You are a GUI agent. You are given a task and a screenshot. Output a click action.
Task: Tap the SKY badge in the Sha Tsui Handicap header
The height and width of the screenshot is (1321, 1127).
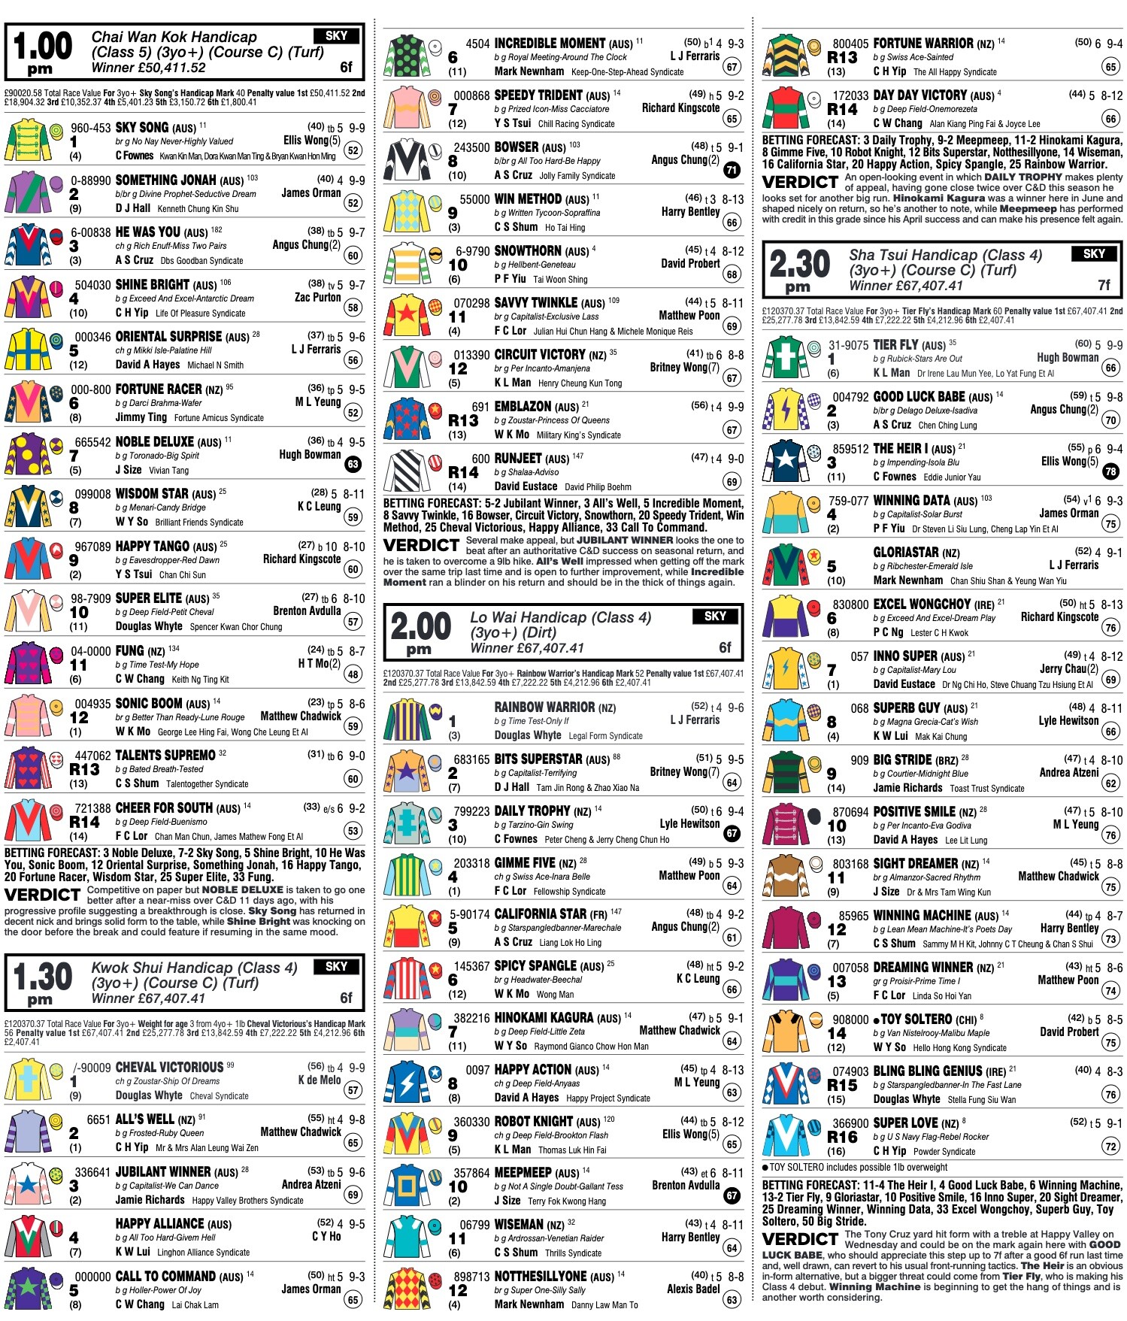pos(1093,254)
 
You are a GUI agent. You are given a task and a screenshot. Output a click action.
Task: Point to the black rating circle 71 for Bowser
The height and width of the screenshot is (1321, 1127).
pos(732,170)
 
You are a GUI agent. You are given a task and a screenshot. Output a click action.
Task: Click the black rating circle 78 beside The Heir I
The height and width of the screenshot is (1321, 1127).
pos(1110,471)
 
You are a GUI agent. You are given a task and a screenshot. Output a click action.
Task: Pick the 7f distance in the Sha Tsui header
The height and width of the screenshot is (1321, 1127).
pos(1104,285)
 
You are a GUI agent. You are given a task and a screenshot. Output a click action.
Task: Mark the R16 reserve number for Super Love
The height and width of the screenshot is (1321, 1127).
pos(842,1137)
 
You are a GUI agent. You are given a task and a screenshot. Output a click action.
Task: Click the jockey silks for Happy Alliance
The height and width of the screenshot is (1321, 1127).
pos(29,1237)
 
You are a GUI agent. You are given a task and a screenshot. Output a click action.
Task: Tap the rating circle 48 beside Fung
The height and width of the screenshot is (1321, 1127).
pos(353,674)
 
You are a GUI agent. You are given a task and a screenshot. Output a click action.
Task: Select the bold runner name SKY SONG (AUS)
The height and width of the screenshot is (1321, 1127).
pos(155,128)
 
